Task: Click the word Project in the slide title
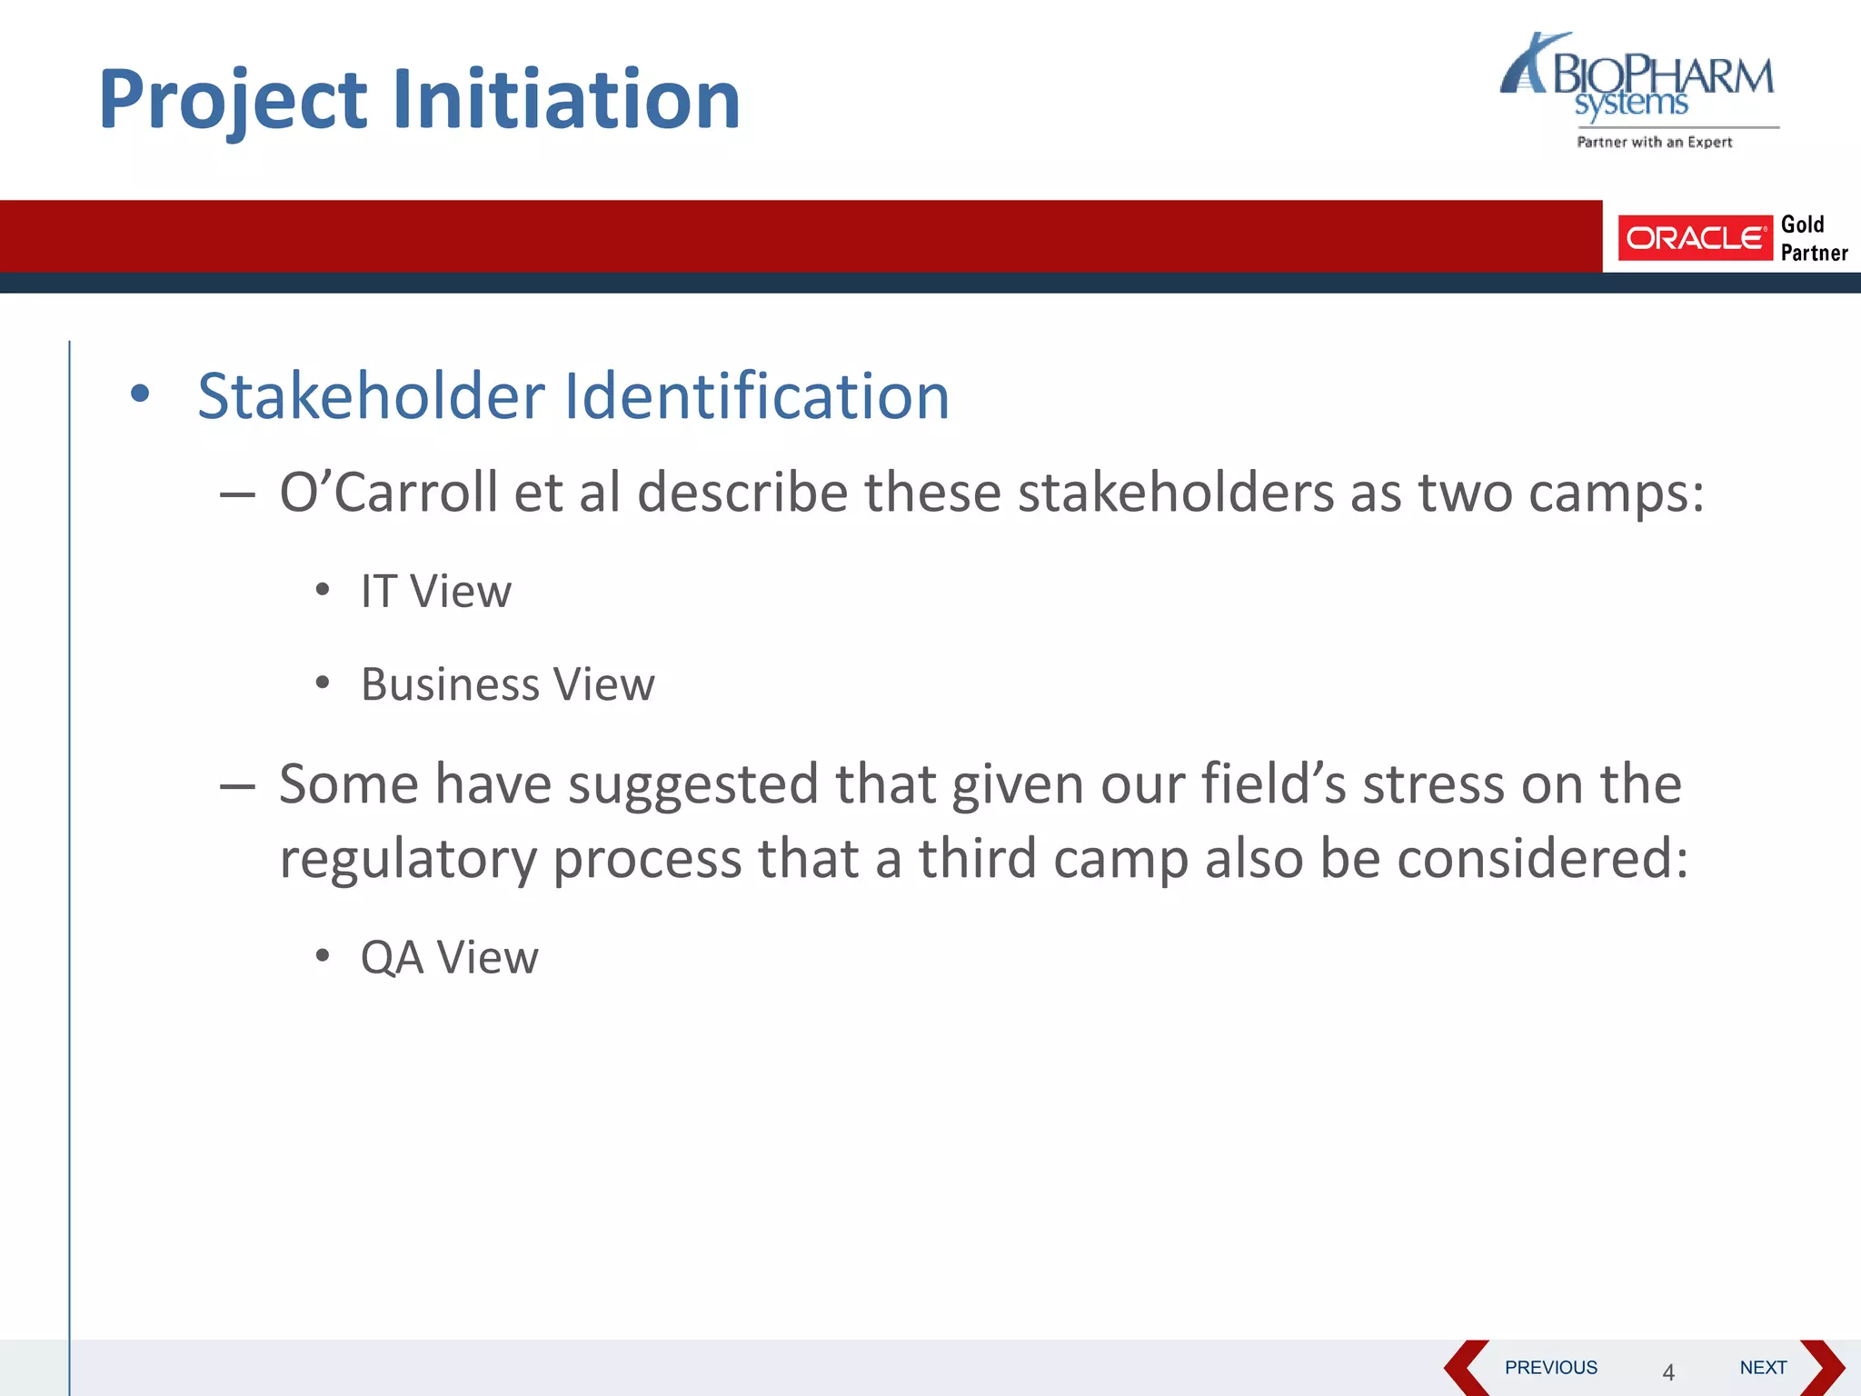coord(233,100)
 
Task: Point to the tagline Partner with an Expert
coord(1654,142)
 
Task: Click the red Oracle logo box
coord(1695,238)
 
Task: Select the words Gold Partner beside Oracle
coord(1813,238)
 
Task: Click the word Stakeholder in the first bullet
coord(371,396)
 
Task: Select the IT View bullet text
coord(436,592)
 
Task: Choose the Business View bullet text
coord(507,684)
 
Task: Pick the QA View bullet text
coord(449,957)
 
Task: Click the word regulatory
coord(408,858)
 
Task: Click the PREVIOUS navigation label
coord(1550,1368)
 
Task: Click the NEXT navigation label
coord(1763,1368)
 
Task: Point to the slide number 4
coord(1668,1372)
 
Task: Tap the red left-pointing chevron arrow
coord(1466,1367)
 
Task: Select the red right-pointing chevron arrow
coord(1822,1367)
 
